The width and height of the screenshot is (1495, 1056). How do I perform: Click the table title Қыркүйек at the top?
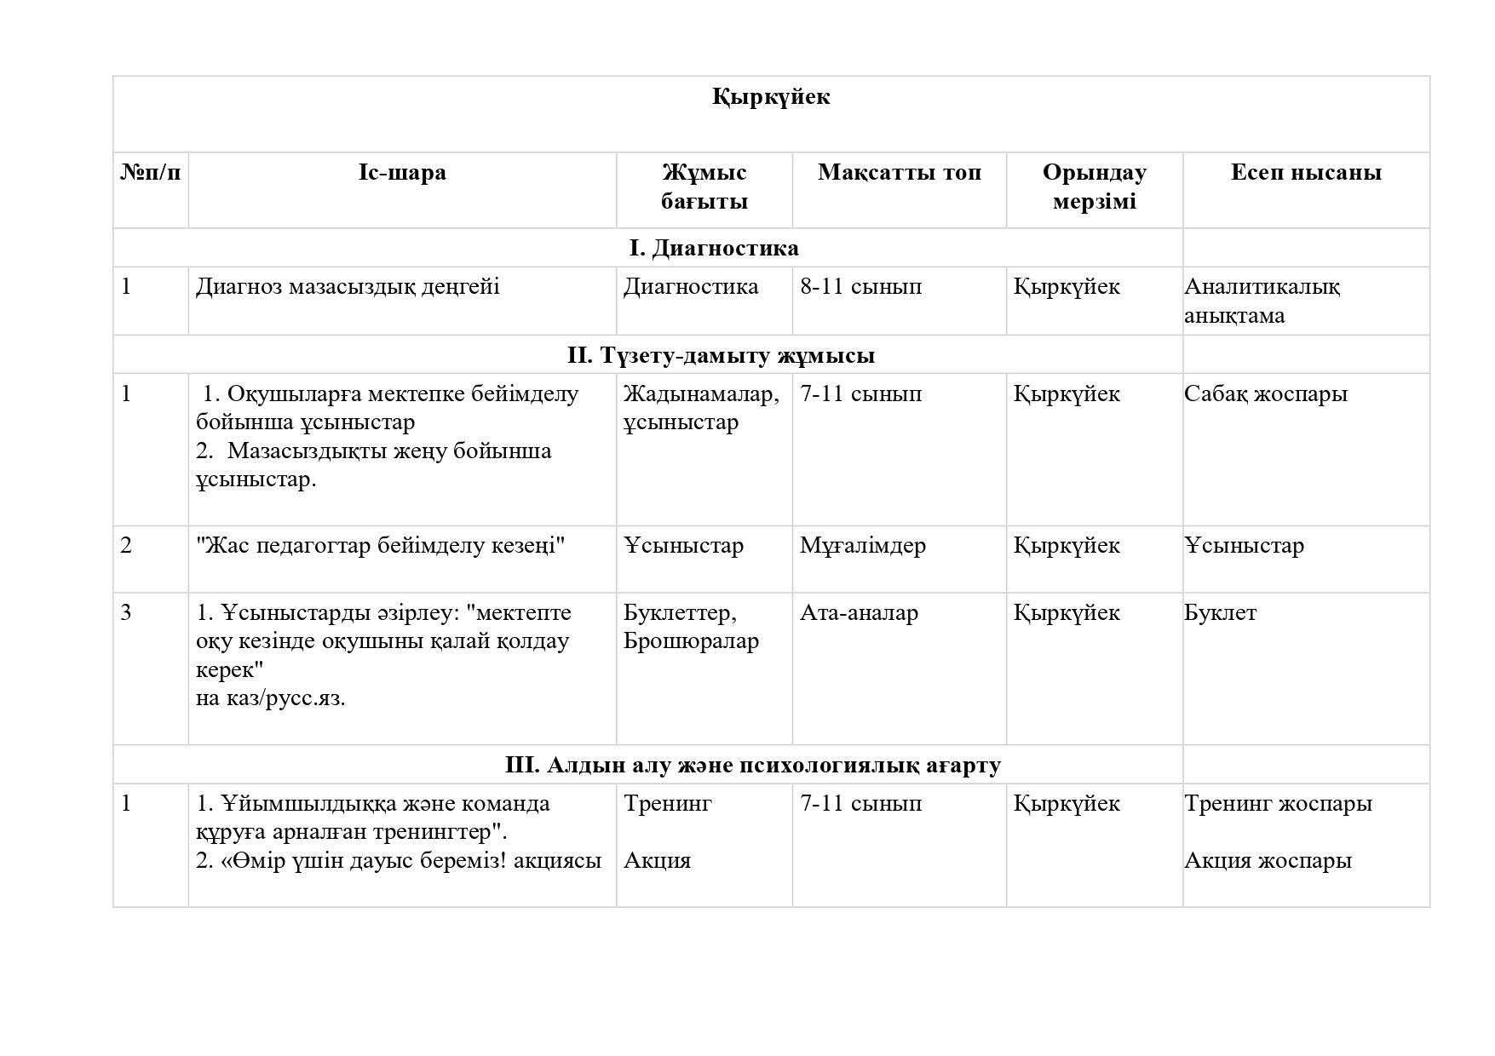771,97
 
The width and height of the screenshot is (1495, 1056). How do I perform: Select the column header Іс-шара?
402,173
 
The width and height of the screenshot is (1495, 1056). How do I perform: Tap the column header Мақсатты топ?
899,173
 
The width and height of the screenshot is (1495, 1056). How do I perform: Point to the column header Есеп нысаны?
1305,173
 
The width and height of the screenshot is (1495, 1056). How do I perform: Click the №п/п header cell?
151,173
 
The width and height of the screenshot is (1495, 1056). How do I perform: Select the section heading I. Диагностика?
714,249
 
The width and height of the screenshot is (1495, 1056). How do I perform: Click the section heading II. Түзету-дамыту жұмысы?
721,355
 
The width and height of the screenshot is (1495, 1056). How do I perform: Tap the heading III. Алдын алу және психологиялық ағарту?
752,765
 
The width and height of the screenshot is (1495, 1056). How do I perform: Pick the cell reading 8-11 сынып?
860,287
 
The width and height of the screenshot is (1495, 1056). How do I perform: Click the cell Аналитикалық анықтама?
1261,301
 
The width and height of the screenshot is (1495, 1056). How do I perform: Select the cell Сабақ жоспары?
1265,394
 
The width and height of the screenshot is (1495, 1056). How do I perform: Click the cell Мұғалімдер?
862,546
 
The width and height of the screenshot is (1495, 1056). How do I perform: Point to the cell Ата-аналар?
859,613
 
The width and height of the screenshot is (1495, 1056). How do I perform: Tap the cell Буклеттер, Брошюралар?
690,627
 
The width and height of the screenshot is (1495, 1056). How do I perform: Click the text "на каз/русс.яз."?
270,698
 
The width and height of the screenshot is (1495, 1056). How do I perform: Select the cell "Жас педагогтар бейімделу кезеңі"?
380,546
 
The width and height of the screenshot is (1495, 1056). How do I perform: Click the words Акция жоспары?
1267,861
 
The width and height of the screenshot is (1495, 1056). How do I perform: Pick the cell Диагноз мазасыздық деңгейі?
348,287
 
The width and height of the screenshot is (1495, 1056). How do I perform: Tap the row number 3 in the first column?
126,613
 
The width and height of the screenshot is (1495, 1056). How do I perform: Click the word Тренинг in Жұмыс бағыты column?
667,804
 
